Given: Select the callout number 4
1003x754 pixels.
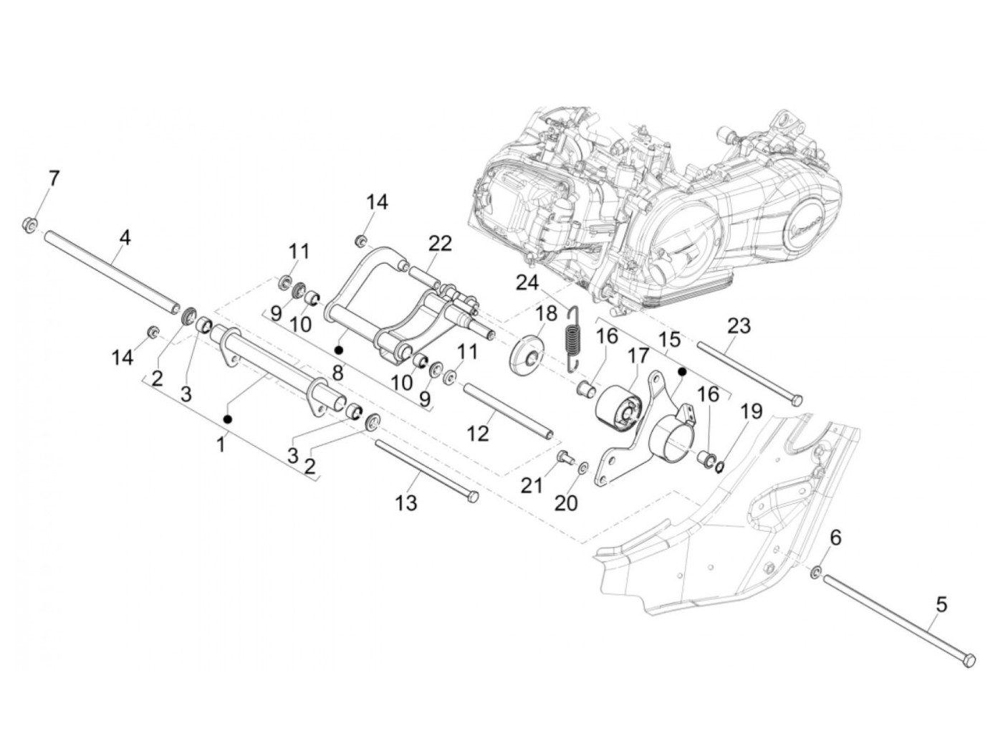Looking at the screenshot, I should click(125, 237).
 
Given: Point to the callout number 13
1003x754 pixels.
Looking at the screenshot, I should click(406, 503).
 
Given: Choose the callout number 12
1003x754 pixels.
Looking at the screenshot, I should click(478, 433).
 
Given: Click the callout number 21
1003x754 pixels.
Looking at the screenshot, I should click(531, 485).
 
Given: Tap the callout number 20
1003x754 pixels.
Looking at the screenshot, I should click(566, 504).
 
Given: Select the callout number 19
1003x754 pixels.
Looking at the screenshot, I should click(752, 411).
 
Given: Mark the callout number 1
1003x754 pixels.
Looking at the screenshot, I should click(221, 446).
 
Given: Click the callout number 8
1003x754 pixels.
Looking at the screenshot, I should click(337, 373).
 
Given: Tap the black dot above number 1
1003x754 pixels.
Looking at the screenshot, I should click(227, 418).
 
